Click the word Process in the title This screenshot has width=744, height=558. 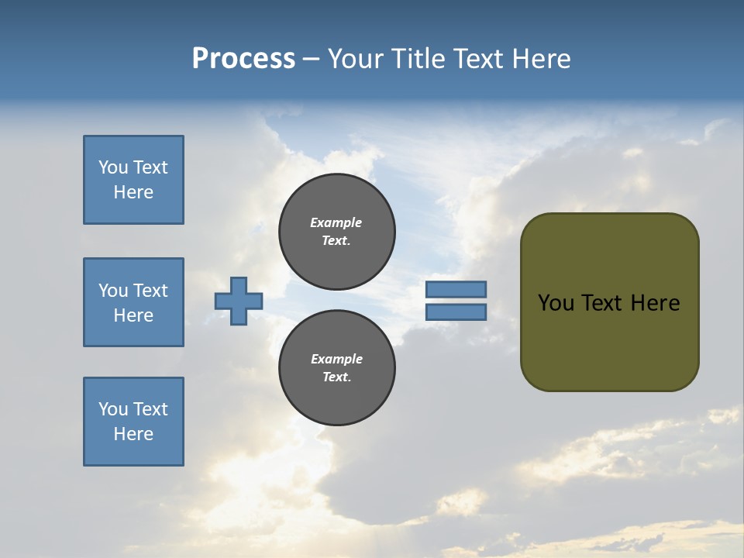(x=243, y=59)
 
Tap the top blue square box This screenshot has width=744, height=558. (x=133, y=180)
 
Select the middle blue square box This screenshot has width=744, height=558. (x=133, y=302)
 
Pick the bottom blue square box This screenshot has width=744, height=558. (x=133, y=422)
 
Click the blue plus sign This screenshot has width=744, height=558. (x=239, y=301)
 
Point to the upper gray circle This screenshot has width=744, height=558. (x=337, y=232)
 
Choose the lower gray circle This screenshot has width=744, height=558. (x=337, y=368)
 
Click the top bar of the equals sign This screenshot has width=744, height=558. (x=456, y=289)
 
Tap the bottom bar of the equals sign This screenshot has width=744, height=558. (x=456, y=312)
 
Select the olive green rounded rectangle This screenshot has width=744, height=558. (x=609, y=302)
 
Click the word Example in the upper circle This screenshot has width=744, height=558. (x=336, y=222)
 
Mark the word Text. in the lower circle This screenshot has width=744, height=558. (x=336, y=377)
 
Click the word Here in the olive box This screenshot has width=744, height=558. (x=655, y=303)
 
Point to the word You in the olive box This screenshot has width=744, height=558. (x=555, y=303)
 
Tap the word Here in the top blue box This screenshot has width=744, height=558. (x=133, y=192)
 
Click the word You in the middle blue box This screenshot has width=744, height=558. (x=113, y=291)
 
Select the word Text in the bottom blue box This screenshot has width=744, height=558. (x=150, y=409)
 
